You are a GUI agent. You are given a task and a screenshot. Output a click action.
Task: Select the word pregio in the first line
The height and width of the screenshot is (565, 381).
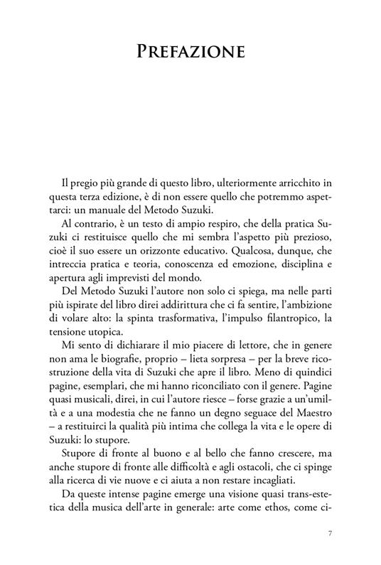click(x=76, y=168)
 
